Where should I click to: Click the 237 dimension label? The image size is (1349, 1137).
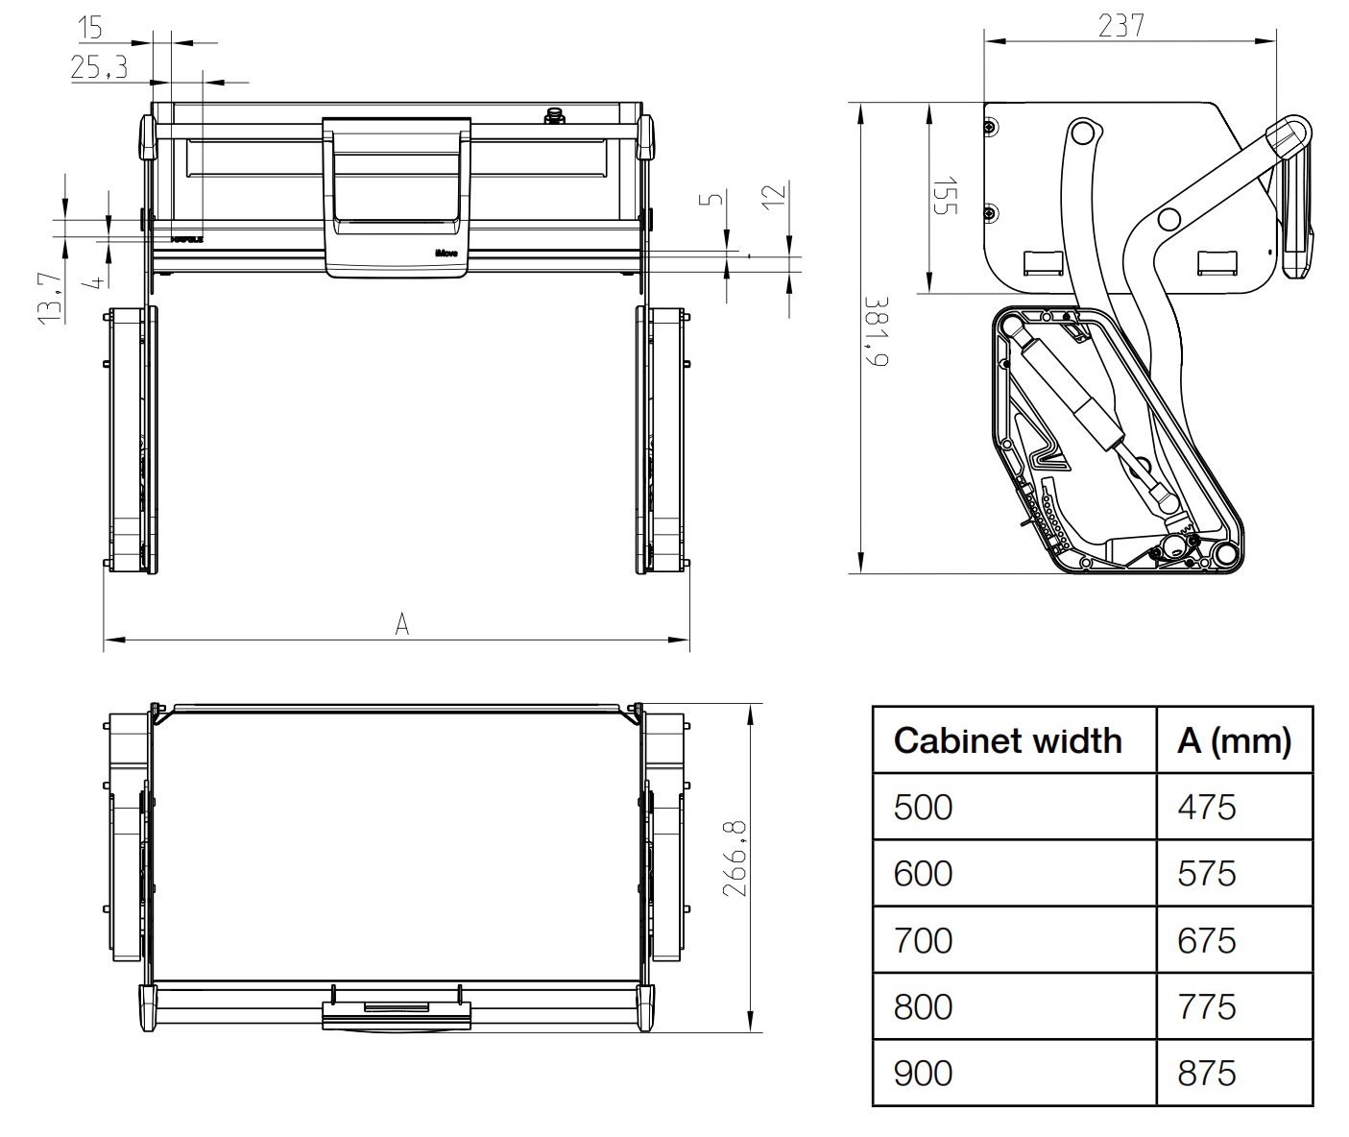coord(1120,25)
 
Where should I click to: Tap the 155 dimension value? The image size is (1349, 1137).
coord(945,195)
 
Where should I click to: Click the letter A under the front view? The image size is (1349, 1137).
coord(402,624)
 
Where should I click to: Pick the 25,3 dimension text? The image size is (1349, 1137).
coord(99,68)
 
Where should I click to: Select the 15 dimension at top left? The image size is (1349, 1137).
coord(90,28)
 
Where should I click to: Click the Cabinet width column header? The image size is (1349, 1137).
coord(1007,740)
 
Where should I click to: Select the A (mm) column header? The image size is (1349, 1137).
coord(1234,740)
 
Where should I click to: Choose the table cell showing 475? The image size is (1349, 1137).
coord(1207,807)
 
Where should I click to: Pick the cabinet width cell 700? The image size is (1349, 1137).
coord(923,940)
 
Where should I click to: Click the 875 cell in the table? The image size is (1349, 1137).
coord(1207,1073)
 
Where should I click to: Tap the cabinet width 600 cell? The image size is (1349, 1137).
coord(923,874)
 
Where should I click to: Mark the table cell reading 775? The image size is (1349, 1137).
coord(1207,1006)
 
